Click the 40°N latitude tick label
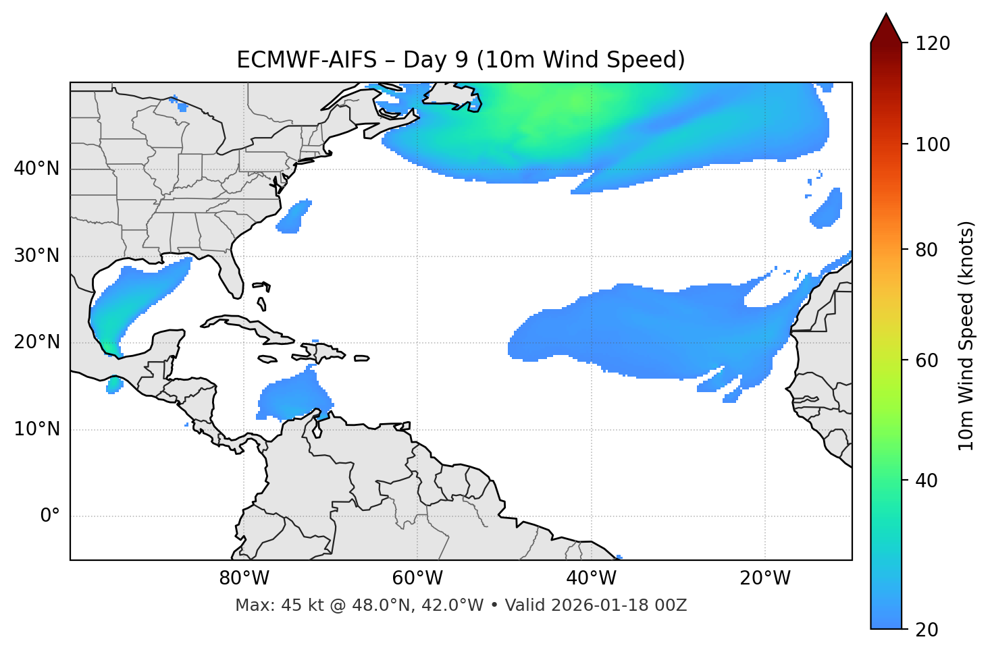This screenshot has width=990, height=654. click(x=36, y=169)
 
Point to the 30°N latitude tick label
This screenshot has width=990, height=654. click(x=36, y=256)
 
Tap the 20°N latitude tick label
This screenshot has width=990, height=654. click(x=36, y=343)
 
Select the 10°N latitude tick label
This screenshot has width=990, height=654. click(x=36, y=429)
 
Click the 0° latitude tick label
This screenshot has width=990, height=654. click(x=50, y=516)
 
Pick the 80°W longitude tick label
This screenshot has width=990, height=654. click(x=244, y=578)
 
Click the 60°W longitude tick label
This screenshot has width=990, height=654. click(x=417, y=578)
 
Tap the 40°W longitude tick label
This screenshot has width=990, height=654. click(x=592, y=578)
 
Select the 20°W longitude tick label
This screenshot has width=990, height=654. click(x=765, y=578)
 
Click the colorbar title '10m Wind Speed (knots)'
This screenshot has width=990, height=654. click(x=966, y=336)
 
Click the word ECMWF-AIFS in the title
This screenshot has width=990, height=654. click(x=307, y=60)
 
